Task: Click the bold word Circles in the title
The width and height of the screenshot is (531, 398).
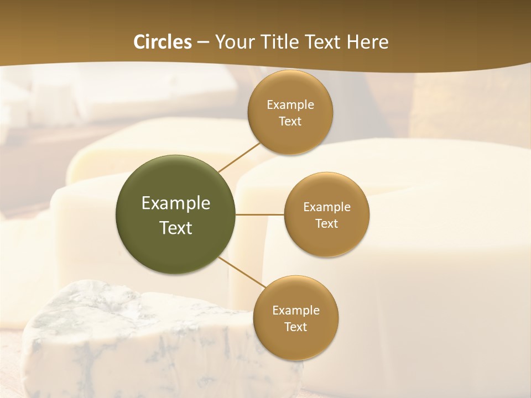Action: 162,42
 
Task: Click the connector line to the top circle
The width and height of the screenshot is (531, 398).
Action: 239,157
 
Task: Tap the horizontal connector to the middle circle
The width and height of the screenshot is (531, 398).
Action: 259,214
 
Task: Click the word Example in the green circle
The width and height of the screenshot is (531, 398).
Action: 175,203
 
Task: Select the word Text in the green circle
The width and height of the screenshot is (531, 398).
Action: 175,228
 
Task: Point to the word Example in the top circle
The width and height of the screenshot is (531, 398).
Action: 290,105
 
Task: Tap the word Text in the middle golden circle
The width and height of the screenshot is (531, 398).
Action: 326,224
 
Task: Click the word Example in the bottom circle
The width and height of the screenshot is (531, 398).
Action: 296,311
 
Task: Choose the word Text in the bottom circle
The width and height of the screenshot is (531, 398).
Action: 296,327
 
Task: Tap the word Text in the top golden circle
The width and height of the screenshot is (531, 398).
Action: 290,122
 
